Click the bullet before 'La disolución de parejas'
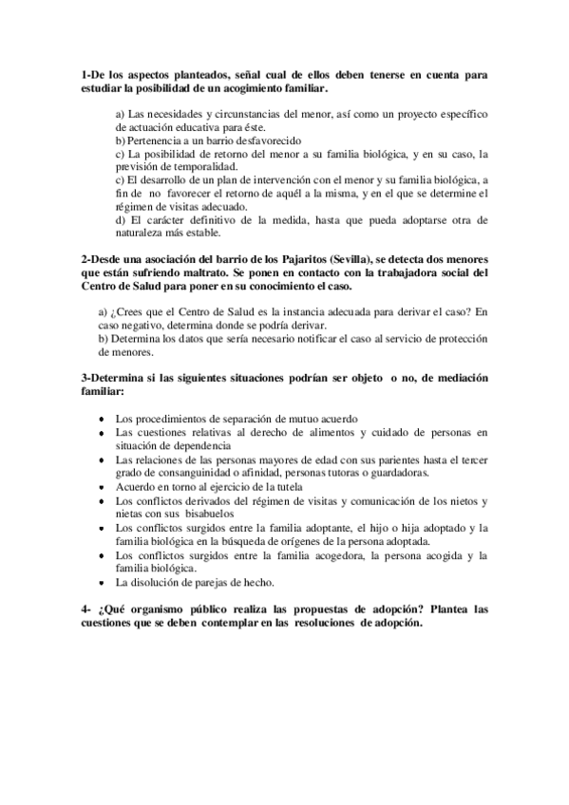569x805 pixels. (102, 582)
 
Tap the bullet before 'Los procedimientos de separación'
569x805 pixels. (102, 419)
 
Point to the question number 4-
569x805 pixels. (86, 609)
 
